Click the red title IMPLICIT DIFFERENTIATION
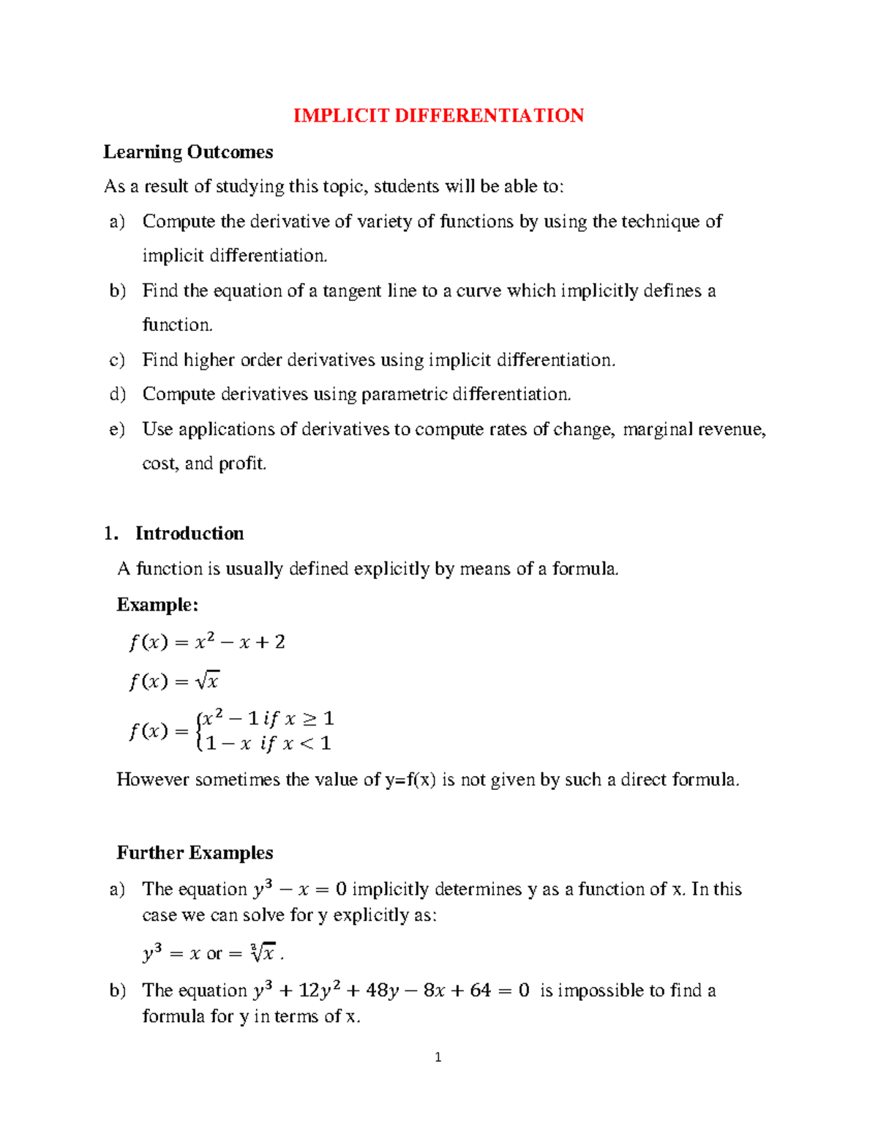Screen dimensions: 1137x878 438,116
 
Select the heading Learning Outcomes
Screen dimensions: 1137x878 188,152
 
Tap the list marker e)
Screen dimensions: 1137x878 117,429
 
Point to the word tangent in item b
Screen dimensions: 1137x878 352,291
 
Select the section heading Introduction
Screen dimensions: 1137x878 189,533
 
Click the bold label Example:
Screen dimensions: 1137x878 157,605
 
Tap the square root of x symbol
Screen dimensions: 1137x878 207,681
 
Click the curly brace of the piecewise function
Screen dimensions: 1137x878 199,731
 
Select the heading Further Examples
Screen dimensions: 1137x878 195,853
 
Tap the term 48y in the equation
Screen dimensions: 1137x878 382,991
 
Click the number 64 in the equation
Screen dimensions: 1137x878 480,991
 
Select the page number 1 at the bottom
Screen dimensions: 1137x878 438,1057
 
